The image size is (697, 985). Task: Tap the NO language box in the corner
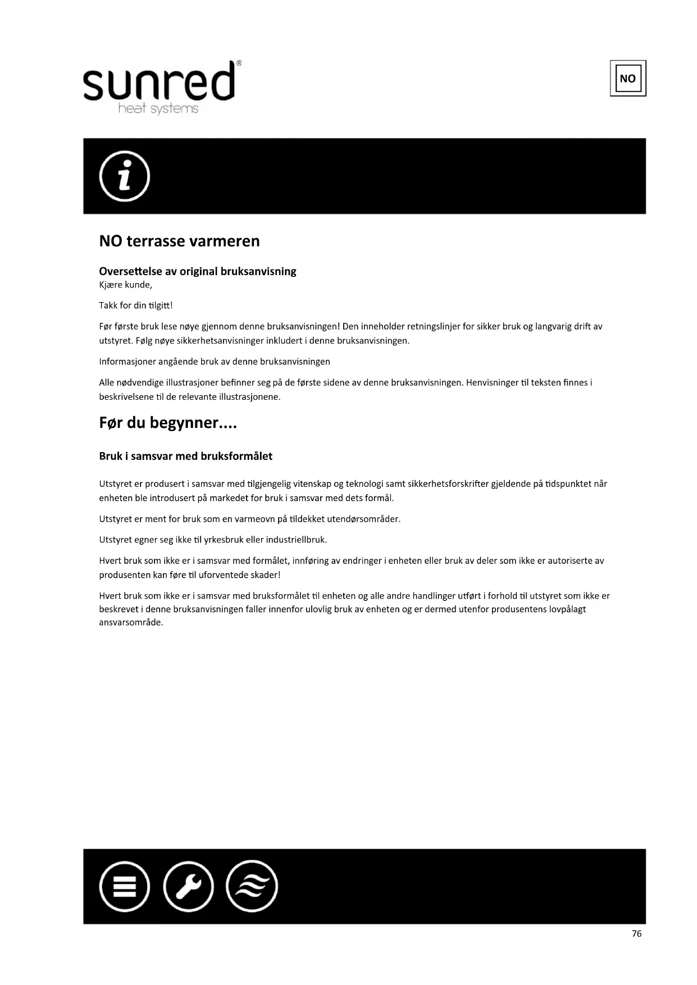[627, 78]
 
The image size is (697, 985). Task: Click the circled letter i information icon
[124, 176]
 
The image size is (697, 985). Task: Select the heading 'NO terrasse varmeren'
[179, 241]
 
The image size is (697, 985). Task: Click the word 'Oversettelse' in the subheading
[130, 271]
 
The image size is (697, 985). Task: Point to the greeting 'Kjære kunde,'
[125, 285]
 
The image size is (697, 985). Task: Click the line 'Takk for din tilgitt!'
[135, 305]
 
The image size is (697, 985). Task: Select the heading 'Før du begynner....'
[168, 422]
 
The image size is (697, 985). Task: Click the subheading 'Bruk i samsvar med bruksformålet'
[185, 456]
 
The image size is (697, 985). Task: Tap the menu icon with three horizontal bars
[124, 886]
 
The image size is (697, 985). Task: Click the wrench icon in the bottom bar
[188, 886]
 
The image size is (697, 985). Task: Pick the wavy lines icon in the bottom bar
[252, 886]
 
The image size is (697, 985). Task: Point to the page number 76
[636, 933]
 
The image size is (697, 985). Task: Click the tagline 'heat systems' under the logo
[158, 108]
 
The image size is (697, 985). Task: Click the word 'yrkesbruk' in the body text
[223, 540]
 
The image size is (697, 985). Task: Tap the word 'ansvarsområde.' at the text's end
[131, 622]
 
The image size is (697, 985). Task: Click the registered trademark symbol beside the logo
[239, 63]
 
